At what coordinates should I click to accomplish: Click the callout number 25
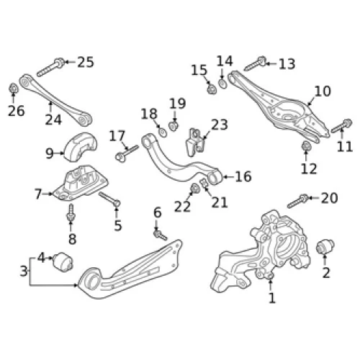[x=86, y=62]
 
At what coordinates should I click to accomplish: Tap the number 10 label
[x=323, y=91]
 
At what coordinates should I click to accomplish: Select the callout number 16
[x=243, y=176]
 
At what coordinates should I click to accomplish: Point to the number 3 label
[x=24, y=271]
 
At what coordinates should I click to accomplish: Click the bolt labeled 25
[x=50, y=67]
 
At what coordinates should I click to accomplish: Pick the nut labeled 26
[x=14, y=89]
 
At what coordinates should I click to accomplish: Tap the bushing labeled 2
[x=325, y=247]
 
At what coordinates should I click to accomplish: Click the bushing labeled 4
[x=63, y=262]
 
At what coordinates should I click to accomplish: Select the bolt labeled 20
[x=297, y=201]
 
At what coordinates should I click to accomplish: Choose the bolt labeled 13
[x=256, y=63]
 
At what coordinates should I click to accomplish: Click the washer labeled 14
[x=222, y=83]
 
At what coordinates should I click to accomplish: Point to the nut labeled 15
[x=212, y=89]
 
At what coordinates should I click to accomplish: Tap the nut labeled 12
[x=306, y=146]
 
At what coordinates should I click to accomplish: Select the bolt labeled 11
[x=341, y=126]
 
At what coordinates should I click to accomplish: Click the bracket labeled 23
[x=195, y=143]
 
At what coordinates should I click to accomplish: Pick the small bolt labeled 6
[x=160, y=235]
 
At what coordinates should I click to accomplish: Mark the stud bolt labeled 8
[x=71, y=212]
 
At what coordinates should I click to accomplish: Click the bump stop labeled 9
[x=80, y=147]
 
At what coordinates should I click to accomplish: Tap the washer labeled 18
[x=163, y=132]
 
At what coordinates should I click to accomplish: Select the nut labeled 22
[x=194, y=189]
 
